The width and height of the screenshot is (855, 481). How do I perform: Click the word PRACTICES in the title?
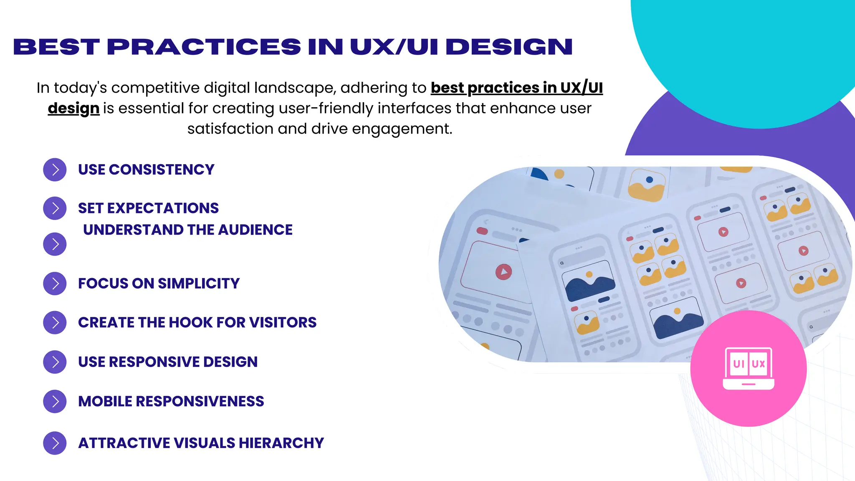pyautogui.click(x=204, y=47)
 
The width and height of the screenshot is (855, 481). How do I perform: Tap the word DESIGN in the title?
pyautogui.click(x=509, y=47)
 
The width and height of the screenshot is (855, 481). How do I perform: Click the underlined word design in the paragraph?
pyautogui.click(x=73, y=108)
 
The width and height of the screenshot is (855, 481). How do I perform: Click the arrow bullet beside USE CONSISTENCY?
pyautogui.click(x=55, y=170)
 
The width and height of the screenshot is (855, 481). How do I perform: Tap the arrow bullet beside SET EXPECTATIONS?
pyautogui.click(x=55, y=208)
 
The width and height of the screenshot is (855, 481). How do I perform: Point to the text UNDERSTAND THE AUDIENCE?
pyautogui.click(x=188, y=230)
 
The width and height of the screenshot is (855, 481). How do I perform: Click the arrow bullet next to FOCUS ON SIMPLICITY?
pyautogui.click(x=55, y=284)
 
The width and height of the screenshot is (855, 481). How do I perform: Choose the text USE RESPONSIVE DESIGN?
pyautogui.click(x=168, y=362)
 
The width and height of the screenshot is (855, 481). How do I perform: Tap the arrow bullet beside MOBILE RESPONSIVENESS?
pyautogui.click(x=55, y=401)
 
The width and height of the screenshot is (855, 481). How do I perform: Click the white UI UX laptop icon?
pyautogui.click(x=748, y=368)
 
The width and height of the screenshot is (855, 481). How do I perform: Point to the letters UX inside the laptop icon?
pyautogui.click(x=759, y=364)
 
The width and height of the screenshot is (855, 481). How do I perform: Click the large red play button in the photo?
pyautogui.click(x=504, y=272)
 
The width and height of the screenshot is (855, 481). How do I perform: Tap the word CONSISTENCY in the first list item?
pyautogui.click(x=162, y=170)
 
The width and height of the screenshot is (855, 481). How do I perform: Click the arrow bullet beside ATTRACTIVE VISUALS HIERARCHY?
pyautogui.click(x=55, y=443)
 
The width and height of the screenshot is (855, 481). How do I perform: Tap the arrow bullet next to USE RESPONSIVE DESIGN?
pyautogui.click(x=55, y=362)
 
